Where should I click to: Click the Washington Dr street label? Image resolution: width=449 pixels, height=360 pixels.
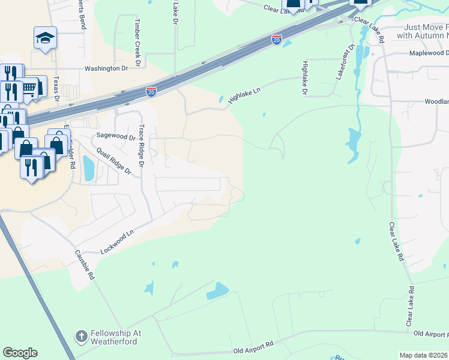click(x=106, y=68)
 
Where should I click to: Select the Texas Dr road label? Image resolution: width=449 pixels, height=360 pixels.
click(x=56, y=88)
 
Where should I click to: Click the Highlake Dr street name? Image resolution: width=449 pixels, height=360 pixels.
click(x=305, y=78)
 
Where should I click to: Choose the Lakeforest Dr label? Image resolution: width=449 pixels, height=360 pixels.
click(x=345, y=61)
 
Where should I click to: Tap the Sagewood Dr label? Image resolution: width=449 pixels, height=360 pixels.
click(x=116, y=137)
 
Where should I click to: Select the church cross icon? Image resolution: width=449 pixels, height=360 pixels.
click(x=81, y=337)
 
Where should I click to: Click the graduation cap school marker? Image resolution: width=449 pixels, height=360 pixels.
click(x=45, y=38)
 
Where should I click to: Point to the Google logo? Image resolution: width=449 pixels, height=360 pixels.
click(x=20, y=353)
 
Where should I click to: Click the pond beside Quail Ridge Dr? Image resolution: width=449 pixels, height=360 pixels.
click(x=89, y=167)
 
